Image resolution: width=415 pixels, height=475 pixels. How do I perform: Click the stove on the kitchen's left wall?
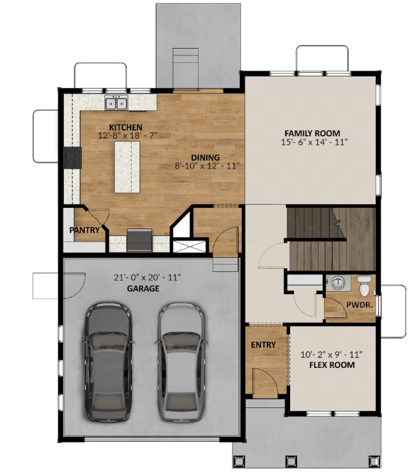point(73,158)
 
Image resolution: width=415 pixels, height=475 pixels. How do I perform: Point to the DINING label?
point(205,157)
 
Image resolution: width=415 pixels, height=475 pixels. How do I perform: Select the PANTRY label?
point(85,230)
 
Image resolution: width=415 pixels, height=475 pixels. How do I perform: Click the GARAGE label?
point(144,288)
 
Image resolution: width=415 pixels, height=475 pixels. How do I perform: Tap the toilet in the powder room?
point(364,285)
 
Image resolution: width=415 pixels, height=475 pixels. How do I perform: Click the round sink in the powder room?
point(337,283)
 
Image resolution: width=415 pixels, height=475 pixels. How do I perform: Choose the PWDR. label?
point(357,304)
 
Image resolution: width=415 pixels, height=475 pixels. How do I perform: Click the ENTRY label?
point(263,345)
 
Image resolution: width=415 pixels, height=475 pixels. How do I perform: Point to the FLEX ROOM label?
point(332,364)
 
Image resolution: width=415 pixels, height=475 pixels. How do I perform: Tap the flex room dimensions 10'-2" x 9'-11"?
point(332,354)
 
